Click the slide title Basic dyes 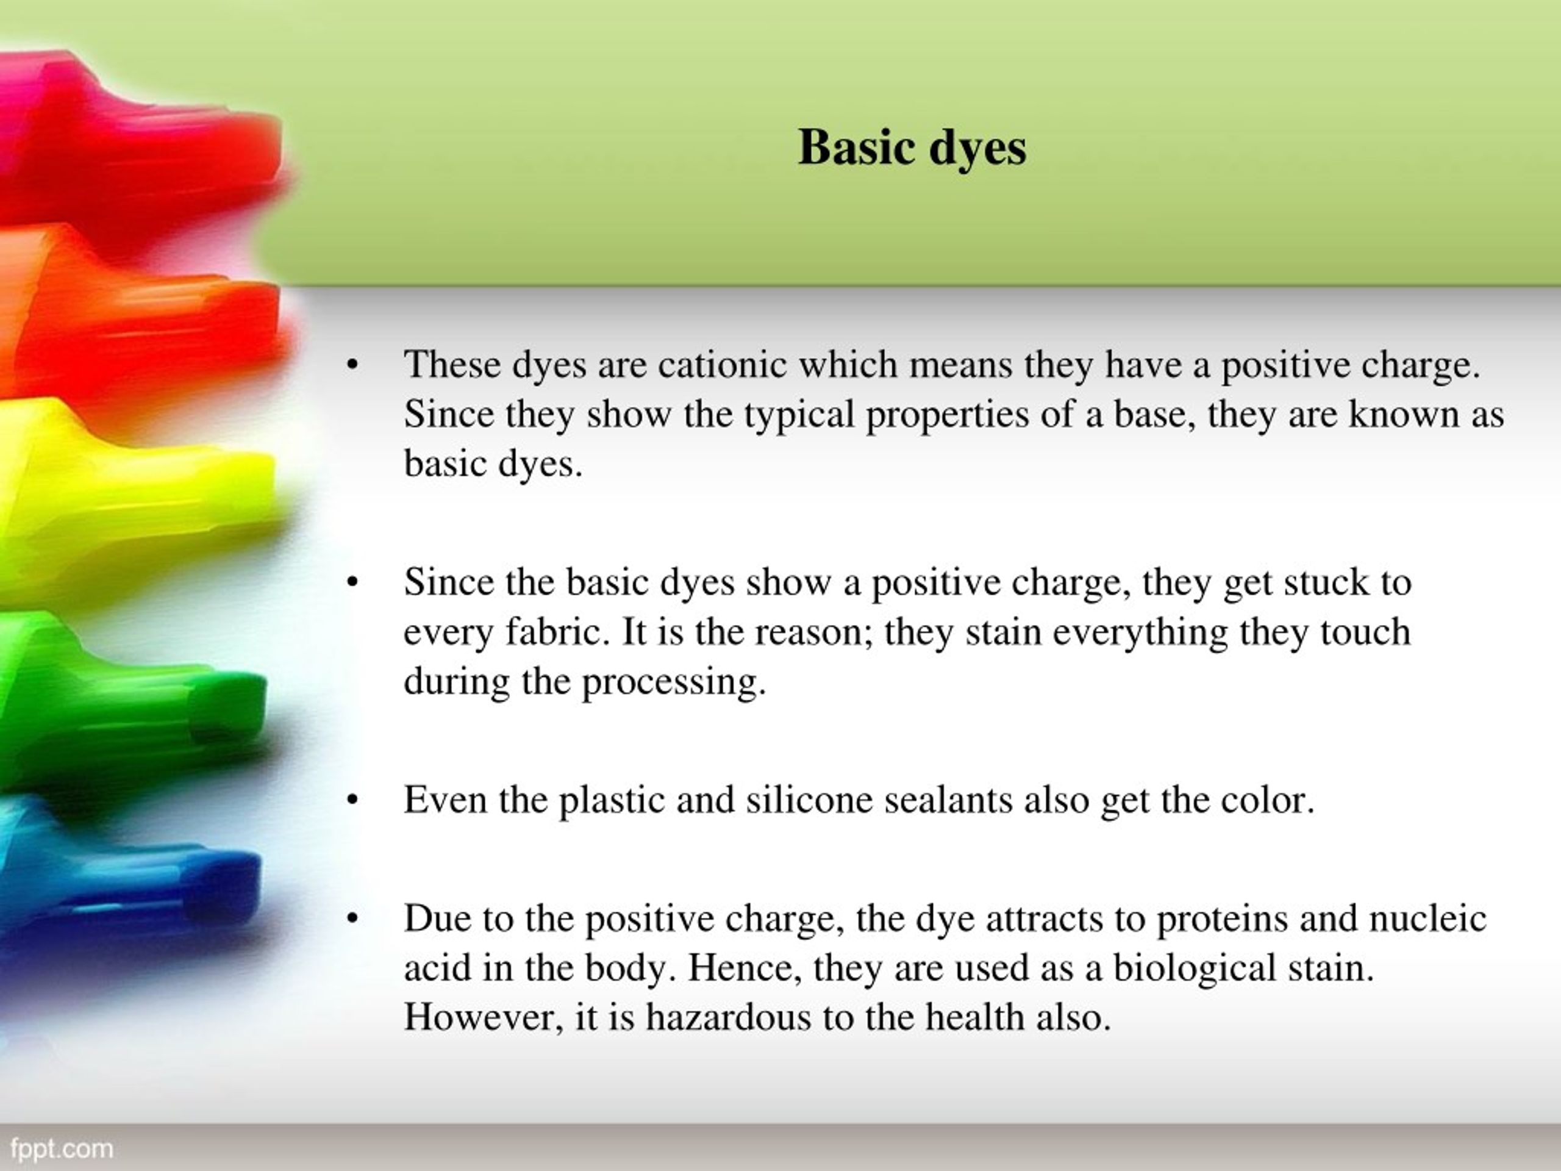[912, 148]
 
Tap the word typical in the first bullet [799, 414]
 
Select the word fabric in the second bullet [557, 632]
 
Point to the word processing [673, 682]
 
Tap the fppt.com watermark [62, 1148]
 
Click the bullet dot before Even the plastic [353, 800]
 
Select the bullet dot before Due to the [353, 919]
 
